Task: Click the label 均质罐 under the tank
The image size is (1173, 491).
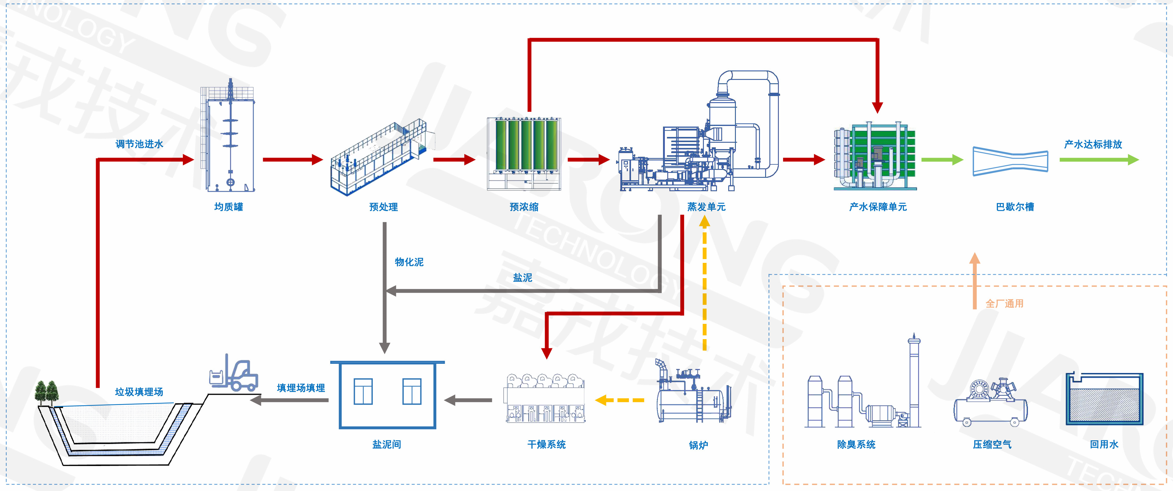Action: point(229,207)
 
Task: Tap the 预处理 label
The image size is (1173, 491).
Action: point(383,207)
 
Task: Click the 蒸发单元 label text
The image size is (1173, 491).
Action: point(706,207)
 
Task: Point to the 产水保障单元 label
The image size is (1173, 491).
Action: point(878,207)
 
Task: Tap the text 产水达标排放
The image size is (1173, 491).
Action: point(1093,144)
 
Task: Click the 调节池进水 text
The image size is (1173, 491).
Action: point(139,144)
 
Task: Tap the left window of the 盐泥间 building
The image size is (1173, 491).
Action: point(363,391)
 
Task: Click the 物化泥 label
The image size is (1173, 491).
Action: point(409,262)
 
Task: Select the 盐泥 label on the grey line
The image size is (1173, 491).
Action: point(522,278)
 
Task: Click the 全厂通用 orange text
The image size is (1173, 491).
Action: point(1004,303)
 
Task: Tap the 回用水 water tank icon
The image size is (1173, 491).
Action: point(1104,400)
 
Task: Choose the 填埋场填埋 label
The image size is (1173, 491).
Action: point(301,388)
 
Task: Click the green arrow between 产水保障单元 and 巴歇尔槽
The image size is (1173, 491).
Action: point(942,160)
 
